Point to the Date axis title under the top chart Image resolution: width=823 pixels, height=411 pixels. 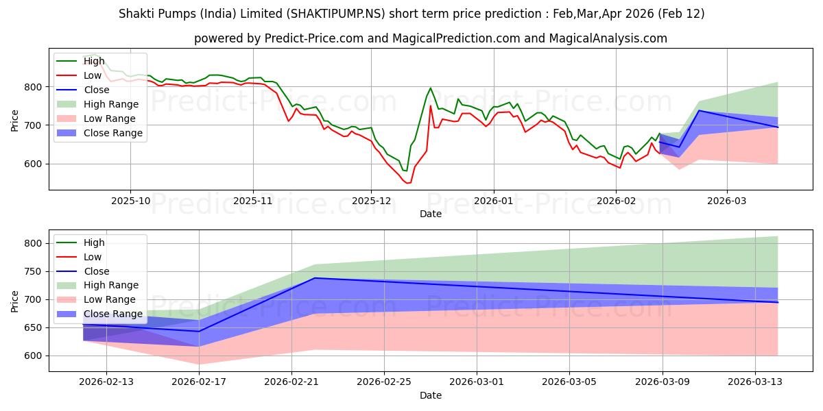click(x=430, y=214)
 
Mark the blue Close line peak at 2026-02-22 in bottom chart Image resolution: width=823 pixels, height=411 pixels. click(x=314, y=277)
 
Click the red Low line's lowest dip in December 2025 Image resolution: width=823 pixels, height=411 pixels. click(x=408, y=183)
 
